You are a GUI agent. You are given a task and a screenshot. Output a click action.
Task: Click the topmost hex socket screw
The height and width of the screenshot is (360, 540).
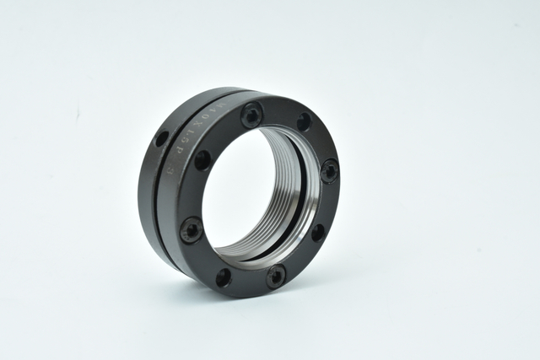pos(251,115)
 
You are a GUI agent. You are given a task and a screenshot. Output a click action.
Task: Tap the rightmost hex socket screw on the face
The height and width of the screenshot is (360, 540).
pos(329,170)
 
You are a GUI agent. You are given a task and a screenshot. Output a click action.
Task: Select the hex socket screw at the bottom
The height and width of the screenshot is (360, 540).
pos(276,275)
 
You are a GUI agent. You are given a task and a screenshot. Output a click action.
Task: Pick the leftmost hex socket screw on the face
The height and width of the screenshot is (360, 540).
pos(192,228)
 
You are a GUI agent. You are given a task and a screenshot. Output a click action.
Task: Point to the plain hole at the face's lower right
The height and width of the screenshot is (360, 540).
pos(317,232)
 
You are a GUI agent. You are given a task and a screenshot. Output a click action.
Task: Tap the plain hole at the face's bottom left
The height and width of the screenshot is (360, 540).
pos(224,277)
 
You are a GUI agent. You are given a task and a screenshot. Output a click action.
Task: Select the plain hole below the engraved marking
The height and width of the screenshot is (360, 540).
pos(202,159)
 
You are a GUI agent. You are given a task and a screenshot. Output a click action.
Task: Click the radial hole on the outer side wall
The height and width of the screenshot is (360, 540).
pos(161,138)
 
